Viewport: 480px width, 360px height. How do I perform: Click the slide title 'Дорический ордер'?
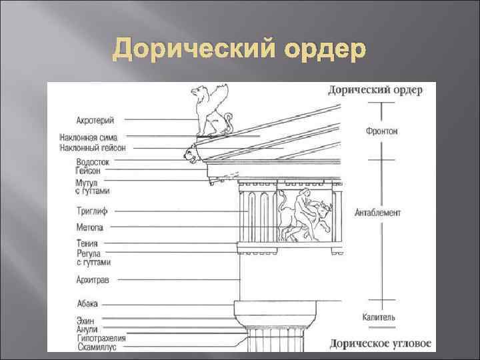(x=239, y=49)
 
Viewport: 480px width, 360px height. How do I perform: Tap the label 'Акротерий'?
(x=95, y=120)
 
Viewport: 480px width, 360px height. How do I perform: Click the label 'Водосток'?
(x=93, y=161)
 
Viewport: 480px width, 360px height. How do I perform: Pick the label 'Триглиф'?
(x=92, y=211)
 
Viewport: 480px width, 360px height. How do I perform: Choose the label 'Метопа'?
(x=89, y=227)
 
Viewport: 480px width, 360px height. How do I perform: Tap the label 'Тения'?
(x=87, y=243)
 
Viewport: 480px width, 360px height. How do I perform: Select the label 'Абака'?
(x=87, y=303)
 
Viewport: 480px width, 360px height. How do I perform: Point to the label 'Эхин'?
(x=85, y=321)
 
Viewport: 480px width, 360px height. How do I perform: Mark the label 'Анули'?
(x=87, y=329)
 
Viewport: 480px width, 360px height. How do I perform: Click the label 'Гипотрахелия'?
(x=101, y=338)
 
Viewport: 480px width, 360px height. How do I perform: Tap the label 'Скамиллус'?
(x=98, y=347)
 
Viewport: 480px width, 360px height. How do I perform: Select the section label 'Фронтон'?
(x=382, y=131)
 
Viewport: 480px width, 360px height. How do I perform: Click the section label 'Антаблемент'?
(x=378, y=213)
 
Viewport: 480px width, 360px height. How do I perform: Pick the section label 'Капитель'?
(x=379, y=317)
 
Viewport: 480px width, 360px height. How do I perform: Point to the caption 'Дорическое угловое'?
(x=381, y=344)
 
